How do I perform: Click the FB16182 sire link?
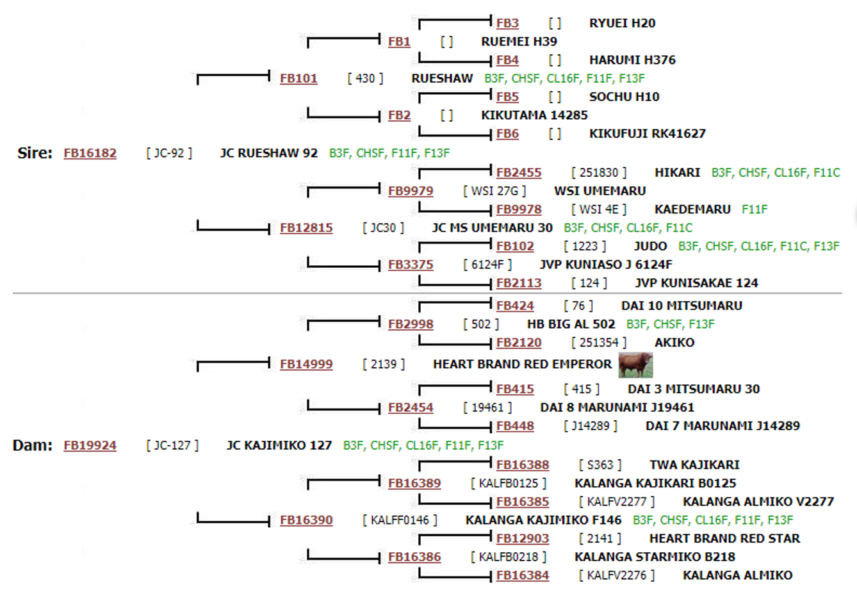(90, 153)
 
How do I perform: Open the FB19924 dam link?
(90, 445)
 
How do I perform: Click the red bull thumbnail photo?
(635, 364)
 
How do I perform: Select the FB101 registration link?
(298, 78)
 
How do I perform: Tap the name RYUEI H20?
(622, 23)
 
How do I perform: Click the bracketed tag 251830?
(599, 172)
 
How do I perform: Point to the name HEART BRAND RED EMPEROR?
(522, 364)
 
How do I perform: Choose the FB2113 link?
(519, 283)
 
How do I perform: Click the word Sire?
(35, 153)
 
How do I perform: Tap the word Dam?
(33, 445)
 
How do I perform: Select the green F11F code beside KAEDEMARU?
(755, 209)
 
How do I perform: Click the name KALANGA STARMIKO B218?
(655, 557)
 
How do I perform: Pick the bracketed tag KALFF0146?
(400, 520)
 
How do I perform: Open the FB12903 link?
(523, 538)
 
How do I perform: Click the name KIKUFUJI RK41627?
(648, 133)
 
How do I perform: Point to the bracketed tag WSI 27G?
(494, 191)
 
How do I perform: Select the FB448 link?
(515, 426)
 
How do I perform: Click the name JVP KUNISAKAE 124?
(696, 283)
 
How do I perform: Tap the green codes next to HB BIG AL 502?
(670, 324)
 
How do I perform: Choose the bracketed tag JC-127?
(172, 445)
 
